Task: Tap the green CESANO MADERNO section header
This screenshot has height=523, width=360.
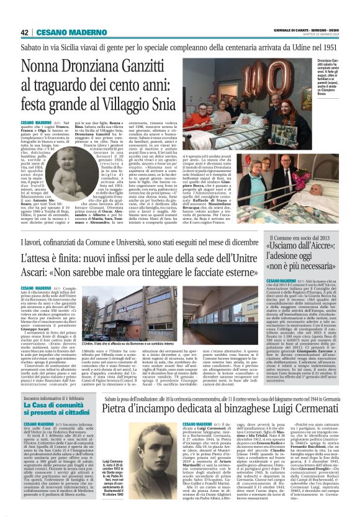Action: coord(63,32)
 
